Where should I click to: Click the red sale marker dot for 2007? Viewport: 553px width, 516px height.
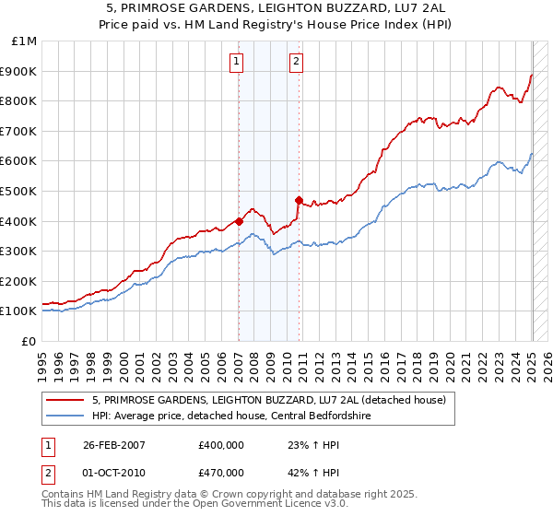click(239, 221)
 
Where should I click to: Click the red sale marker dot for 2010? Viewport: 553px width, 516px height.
click(299, 200)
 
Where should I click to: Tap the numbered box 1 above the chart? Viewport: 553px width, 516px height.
click(237, 62)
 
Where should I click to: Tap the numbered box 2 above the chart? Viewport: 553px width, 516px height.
click(297, 62)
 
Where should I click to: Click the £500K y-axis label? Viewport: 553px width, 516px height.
click(20, 191)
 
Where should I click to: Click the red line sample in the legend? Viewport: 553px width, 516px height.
click(65, 400)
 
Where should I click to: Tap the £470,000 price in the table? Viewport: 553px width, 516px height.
click(220, 473)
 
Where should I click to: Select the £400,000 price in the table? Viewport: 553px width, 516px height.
click(220, 443)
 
